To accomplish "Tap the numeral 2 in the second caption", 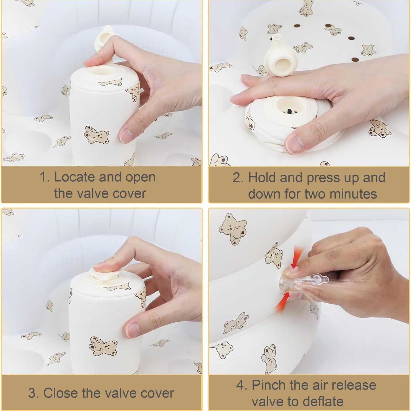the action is (237, 177).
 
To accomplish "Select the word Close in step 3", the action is (61, 393).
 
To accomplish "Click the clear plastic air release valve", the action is (303, 282).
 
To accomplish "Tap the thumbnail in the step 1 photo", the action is (126, 136).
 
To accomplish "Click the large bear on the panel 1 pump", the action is (96, 135).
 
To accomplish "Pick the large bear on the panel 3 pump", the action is (103, 346).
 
